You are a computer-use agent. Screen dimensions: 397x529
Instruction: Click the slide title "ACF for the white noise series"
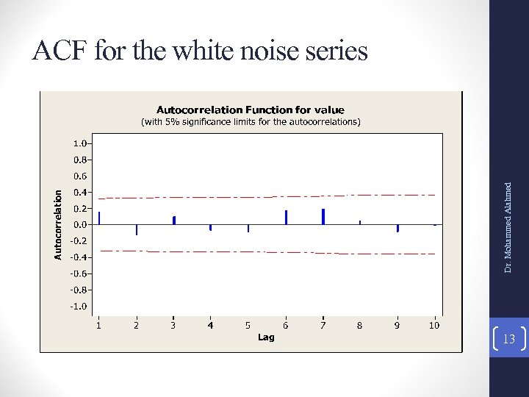click(200, 51)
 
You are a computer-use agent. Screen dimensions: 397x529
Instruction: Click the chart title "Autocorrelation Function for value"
click(250, 110)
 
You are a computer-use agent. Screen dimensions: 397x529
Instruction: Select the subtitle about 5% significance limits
click(250, 122)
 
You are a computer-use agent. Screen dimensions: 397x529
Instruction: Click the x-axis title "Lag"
click(266, 337)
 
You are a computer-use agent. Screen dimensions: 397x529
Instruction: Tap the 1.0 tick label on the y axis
click(79, 143)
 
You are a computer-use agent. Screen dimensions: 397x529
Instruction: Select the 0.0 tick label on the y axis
click(79, 224)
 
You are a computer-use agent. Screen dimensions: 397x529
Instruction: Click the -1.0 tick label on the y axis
click(77, 306)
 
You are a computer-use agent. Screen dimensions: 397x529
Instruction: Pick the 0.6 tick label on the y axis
click(79, 176)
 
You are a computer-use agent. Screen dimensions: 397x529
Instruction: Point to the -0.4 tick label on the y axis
click(77, 257)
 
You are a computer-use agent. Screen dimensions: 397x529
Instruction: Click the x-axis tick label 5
click(248, 325)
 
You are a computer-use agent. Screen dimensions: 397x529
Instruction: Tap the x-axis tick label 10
click(434, 325)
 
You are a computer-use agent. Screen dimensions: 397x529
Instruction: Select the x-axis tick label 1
click(99, 325)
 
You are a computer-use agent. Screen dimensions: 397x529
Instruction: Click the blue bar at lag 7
click(323, 217)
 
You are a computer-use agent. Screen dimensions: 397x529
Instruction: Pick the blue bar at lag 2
click(137, 229)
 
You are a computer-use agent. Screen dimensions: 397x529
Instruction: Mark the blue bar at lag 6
click(286, 218)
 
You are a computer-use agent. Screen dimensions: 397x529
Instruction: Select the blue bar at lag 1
click(99, 218)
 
